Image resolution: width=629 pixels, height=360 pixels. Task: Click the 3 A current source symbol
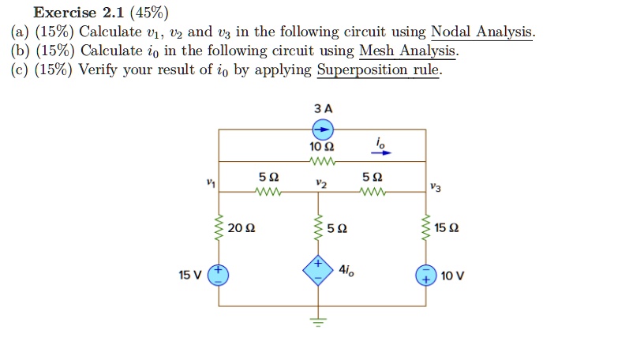click(x=323, y=129)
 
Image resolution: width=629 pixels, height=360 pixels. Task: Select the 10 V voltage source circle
click(x=426, y=276)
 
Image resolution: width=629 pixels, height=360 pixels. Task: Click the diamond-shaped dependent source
click(x=320, y=271)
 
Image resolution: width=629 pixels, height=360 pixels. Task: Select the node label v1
click(x=210, y=183)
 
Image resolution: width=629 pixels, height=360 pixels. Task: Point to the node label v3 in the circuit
click(x=436, y=186)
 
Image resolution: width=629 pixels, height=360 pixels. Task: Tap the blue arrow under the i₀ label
click(x=380, y=155)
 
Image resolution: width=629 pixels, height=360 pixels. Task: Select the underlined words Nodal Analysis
click(x=481, y=32)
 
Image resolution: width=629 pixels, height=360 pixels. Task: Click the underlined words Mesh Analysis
click(x=407, y=51)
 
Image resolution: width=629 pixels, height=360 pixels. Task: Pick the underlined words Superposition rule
click(x=379, y=71)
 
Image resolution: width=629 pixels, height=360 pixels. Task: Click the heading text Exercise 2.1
click(x=78, y=13)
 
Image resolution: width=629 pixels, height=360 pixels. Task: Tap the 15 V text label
click(x=190, y=276)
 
